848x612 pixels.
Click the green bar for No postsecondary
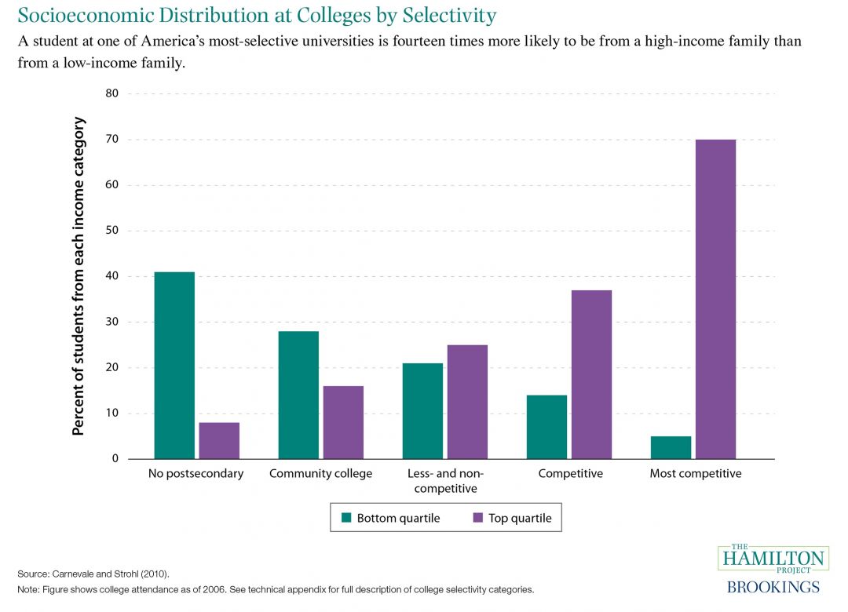[x=174, y=365]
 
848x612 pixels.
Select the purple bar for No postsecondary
[x=219, y=440]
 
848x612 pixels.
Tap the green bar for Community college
[x=298, y=395]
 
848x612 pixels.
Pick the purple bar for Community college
[x=343, y=422]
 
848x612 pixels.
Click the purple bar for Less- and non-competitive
[x=467, y=402]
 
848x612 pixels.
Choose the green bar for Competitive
[x=546, y=427]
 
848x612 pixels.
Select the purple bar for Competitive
[x=591, y=374]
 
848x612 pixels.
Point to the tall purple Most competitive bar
[x=715, y=299]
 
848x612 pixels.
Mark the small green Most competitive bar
[x=671, y=447]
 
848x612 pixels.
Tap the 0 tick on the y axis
[x=115, y=459]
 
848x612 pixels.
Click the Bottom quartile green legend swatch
[x=345, y=518]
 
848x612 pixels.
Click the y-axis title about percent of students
[x=79, y=276]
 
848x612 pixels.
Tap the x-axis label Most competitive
[x=696, y=474]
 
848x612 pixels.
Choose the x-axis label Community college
[x=320, y=474]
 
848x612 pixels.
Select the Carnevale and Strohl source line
[x=93, y=574]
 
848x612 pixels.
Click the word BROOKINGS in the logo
[x=773, y=587]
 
